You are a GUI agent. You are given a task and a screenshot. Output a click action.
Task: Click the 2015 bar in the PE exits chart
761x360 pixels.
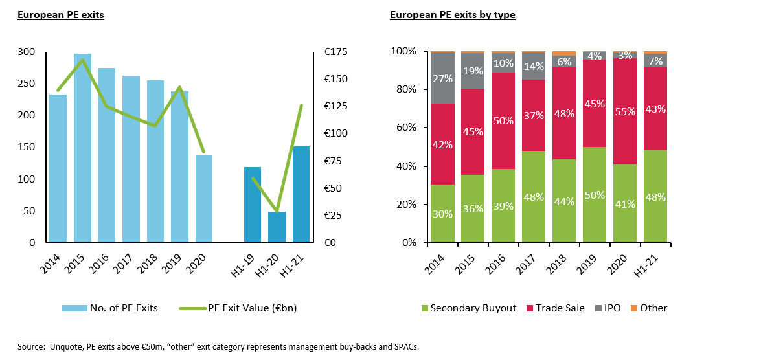coord(82,148)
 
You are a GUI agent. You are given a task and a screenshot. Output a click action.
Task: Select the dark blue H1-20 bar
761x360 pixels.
coord(277,227)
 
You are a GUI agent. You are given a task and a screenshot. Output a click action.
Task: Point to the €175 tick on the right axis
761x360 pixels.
coord(336,52)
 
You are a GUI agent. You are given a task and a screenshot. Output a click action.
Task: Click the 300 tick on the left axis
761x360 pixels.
coord(27,52)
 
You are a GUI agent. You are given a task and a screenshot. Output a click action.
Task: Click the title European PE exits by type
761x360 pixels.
coord(452,15)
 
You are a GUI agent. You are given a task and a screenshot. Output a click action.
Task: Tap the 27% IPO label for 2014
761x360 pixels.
coord(442,79)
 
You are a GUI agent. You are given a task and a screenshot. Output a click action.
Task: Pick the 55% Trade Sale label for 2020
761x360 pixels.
coord(626,111)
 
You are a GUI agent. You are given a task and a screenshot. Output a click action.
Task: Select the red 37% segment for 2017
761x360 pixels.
coord(534,115)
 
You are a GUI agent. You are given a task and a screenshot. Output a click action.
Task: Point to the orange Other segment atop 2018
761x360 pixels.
coord(564,53)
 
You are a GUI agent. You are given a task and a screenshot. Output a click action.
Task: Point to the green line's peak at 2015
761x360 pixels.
coord(82,60)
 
